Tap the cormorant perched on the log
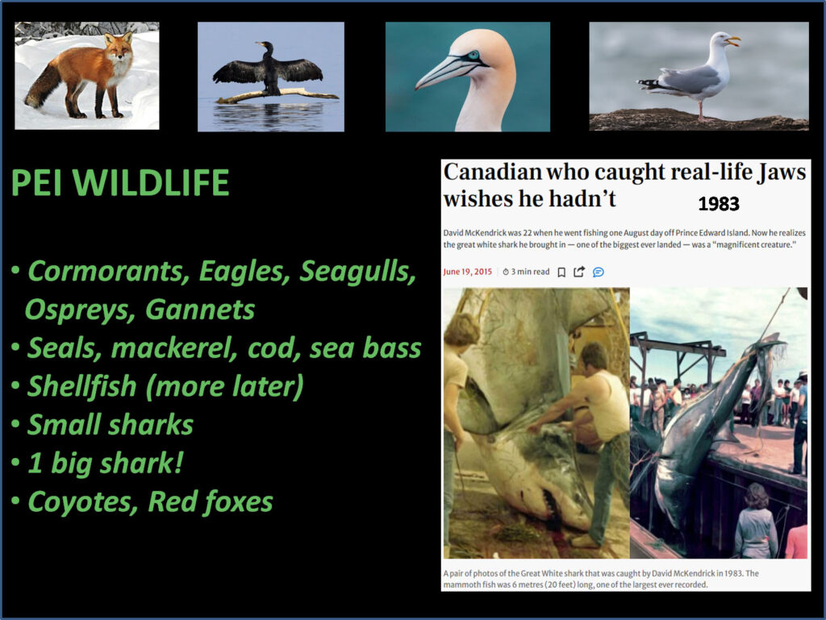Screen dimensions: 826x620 (269, 70)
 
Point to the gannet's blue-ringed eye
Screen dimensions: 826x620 (473, 56)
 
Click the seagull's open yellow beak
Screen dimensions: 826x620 (732, 40)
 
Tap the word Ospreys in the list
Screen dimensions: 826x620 (81, 310)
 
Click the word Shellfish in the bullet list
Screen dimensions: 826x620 (81, 386)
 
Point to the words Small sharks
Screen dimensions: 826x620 (111, 425)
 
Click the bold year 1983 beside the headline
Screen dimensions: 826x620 (719, 204)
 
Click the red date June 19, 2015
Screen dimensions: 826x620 (467, 272)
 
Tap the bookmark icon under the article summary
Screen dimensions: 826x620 (561, 272)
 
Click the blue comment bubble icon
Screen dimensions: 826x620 (598, 272)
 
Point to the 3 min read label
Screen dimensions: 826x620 (525, 272)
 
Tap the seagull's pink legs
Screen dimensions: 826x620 (701, 110)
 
